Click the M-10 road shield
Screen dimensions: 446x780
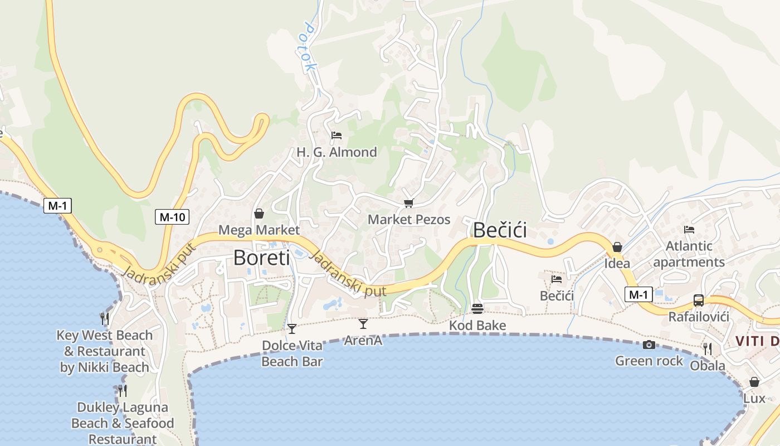[x=172, y=217]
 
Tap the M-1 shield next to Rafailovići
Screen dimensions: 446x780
[x=638, y=294]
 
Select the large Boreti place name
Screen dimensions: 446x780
[x=261, y=258]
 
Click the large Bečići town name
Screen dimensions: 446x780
[x=500, y=230]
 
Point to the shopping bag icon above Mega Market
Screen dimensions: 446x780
[x=259, y=214]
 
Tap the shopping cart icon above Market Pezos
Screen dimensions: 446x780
[x=409, y=203]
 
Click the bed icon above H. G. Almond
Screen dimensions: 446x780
[x=337, y=135]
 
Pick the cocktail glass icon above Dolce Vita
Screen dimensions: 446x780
[x=292, y=328]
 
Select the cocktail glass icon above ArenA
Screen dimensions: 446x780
[x=363, y=323]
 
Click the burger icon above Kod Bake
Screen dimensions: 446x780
[x=477, y=308]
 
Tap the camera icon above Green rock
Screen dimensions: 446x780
[x=649, y=345]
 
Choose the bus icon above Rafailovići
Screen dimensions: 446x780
[x=699, y=300]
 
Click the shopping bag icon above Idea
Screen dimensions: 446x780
[x=617, y=247]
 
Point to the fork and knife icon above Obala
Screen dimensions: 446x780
[x=708, y=349]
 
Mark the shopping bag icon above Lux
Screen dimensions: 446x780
[x=754, y=382]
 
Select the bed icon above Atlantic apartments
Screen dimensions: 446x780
[x=689, y=229]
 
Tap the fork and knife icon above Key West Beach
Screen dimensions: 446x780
[x=105, y=318]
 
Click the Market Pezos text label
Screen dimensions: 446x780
[x=409, y=220]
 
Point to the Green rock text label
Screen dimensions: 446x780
[x=649, y=361]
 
